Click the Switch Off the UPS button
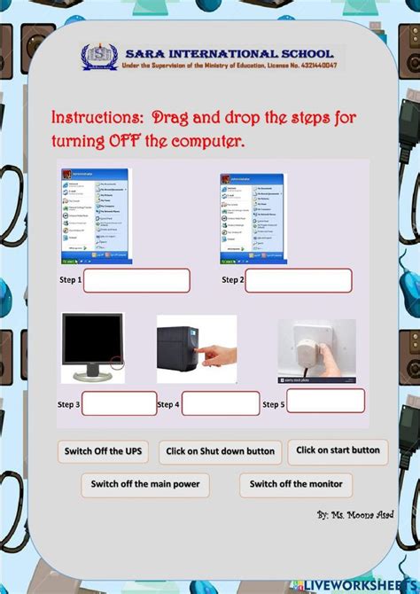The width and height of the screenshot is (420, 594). click(x=103, y=451)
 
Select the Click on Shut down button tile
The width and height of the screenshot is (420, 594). click(x=221, y=452)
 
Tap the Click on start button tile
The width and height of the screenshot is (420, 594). click(x=338, y=450)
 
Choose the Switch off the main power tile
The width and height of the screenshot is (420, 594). click(x=145, y=485)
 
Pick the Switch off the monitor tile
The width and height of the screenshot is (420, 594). click(x=295, y=485)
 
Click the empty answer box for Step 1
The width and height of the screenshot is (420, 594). click(x=136, y=281)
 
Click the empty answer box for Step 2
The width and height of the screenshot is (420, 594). click(x=298, y=281)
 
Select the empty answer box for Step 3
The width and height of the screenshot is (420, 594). click(x=119, y=403)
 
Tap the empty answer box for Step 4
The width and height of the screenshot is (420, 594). click(x=221, y=403)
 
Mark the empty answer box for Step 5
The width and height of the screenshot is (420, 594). click(x=325, y=401)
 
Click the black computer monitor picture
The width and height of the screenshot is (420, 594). click(x=92, y=347)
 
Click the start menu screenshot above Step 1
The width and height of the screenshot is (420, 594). click(x=95, y=216)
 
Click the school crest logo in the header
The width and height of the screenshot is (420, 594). click(x=97, y=57)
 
